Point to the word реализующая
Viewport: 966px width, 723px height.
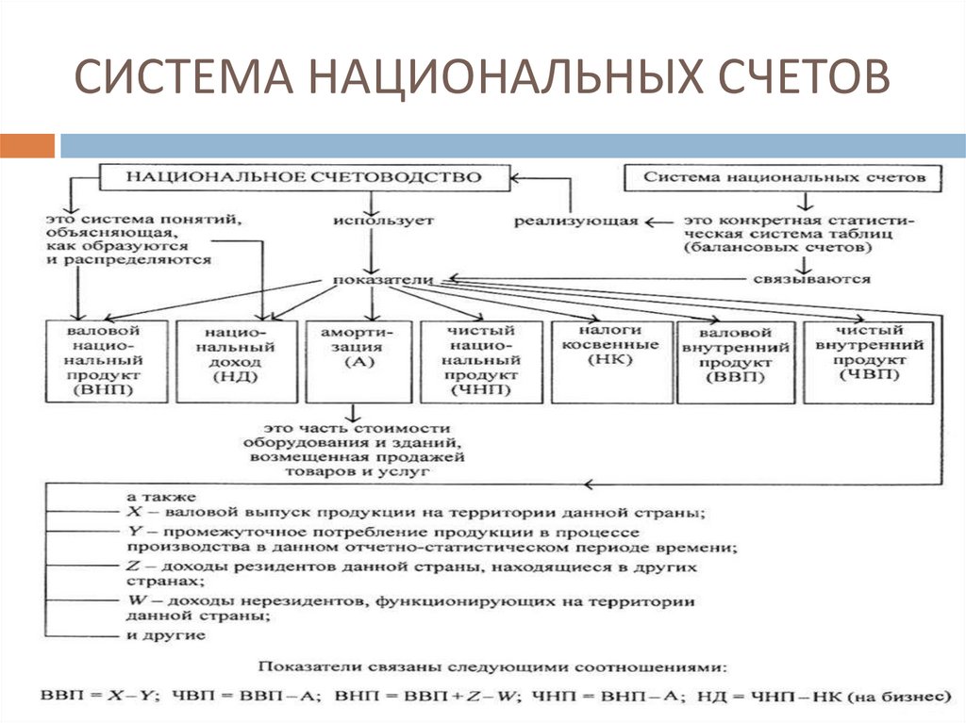click(x=575, y=222)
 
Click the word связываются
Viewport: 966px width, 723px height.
click(x=811, y=280)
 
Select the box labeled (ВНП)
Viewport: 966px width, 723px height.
click(x=107, y=362)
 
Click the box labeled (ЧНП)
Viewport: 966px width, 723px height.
click(x=481, y=362)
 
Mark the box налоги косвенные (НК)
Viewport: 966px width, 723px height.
click(x=610, y=362)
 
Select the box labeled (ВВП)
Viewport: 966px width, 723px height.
click(x=736, y=362)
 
